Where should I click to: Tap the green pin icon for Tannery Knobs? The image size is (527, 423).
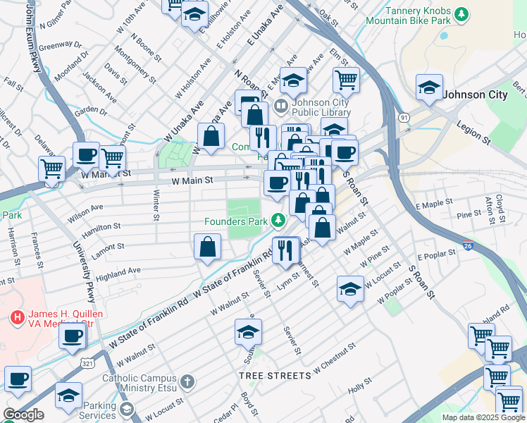[461, 13]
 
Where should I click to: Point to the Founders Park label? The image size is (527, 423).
[235, 221]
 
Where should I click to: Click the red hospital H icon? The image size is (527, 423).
[16, 318]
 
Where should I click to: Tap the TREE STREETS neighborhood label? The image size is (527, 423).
[274, 376]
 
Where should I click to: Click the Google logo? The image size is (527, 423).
[23, 415]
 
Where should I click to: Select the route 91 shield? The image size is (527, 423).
[404, 117]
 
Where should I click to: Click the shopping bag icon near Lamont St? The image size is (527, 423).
[208, 247]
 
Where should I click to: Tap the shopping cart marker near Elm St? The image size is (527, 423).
[346, 80]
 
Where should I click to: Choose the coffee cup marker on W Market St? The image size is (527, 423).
[86, 154]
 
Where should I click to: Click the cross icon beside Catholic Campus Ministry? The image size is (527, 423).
[187, 381]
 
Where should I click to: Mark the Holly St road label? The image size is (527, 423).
[359, 386]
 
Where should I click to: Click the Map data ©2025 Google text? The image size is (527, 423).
[483, 417]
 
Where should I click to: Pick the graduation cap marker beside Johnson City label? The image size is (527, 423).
[428, 87]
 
